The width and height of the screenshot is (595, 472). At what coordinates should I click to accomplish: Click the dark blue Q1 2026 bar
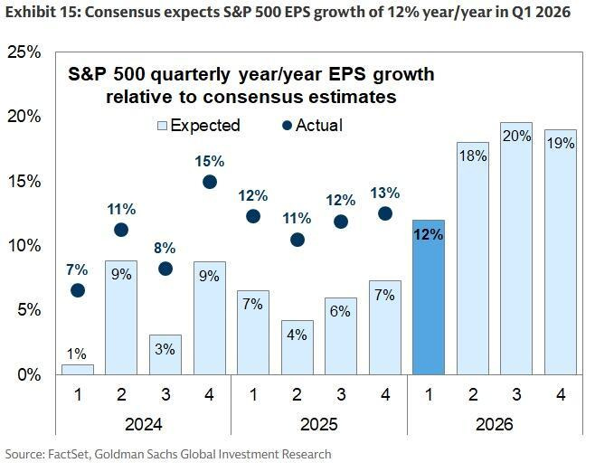pyautogui.click(x=428, y=298)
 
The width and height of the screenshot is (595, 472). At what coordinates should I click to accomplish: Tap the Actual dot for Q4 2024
pyautogui.click(x=210, y=182)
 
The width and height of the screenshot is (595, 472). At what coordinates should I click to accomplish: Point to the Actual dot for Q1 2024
pyautogui.click(x=78, y=290)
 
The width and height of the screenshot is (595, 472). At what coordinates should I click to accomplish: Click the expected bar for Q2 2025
pyautogui.click(x=297, y=348)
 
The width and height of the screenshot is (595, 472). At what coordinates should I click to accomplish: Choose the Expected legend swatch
pyautogui.click(x=163, y=126)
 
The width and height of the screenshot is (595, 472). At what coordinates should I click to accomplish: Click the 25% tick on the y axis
pyautogui.click(x=24, y=52)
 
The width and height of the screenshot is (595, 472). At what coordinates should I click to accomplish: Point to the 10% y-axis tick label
pyautogui.click(x=24, y=246)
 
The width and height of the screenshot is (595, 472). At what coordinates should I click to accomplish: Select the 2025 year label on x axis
pyautogui.click(x=319, y=424)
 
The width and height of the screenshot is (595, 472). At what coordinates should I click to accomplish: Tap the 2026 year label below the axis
pyautogui.click(x=495, y=424)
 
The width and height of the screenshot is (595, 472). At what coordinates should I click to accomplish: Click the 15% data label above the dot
pyautogui.click(x=209, y=161)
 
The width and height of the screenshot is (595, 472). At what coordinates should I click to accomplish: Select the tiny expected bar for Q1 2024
pyautogui.click(x=78, y=369)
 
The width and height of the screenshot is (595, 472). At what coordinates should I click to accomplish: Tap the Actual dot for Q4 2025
pyautogui.click(x=385, y=213)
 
